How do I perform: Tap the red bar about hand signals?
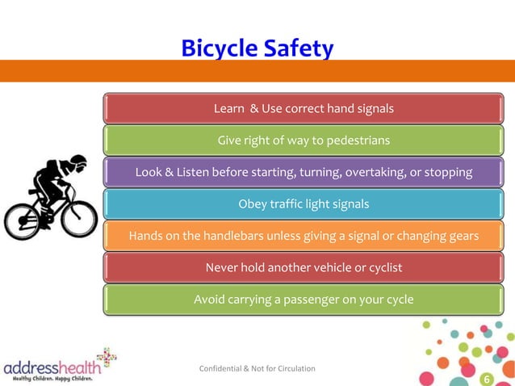304,108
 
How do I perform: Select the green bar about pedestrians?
304,140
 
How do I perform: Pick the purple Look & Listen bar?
304,172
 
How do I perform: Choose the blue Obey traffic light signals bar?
304,203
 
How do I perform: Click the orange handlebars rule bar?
304,236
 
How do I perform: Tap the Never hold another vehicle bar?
304,267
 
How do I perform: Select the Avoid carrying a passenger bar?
304,300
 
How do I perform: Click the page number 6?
486,380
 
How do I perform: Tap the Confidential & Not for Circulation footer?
257,369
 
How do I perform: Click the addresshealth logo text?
50,367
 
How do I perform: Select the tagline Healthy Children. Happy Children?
52,378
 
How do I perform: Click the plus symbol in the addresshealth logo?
105,358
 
